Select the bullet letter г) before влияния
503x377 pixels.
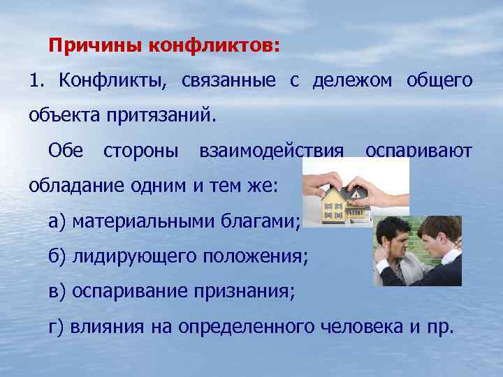(x=57, y=326)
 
